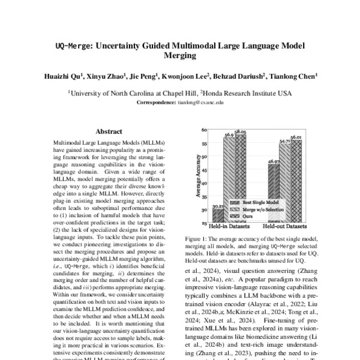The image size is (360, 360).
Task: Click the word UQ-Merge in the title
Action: (73, 45)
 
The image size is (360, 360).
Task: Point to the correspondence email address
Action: (200, 103)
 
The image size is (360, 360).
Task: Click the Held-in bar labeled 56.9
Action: (229, 180)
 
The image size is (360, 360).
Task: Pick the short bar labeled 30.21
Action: (218, 215)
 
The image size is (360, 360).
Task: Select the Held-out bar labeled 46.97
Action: (274, 192)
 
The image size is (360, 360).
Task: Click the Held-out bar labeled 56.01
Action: (295, 180)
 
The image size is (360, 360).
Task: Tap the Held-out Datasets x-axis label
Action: (283, 227)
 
